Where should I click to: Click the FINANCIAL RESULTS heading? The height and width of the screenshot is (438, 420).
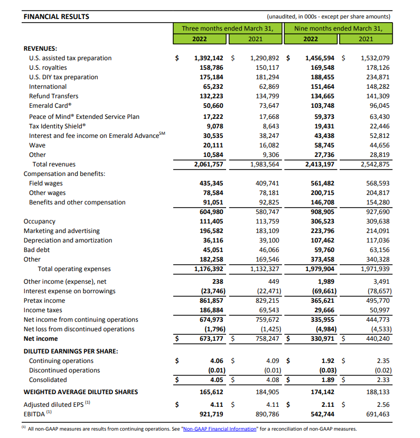[57, 16]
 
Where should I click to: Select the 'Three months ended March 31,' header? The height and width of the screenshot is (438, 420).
[228, 29]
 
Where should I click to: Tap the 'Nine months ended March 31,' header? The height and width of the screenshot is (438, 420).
[338, 29]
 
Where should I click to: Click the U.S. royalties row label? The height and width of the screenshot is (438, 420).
[48, 68]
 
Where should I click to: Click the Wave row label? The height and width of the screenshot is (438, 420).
[37, 145]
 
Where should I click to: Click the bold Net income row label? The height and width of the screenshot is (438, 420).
[41, 339]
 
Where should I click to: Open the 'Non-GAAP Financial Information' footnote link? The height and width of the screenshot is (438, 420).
[219, 429]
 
